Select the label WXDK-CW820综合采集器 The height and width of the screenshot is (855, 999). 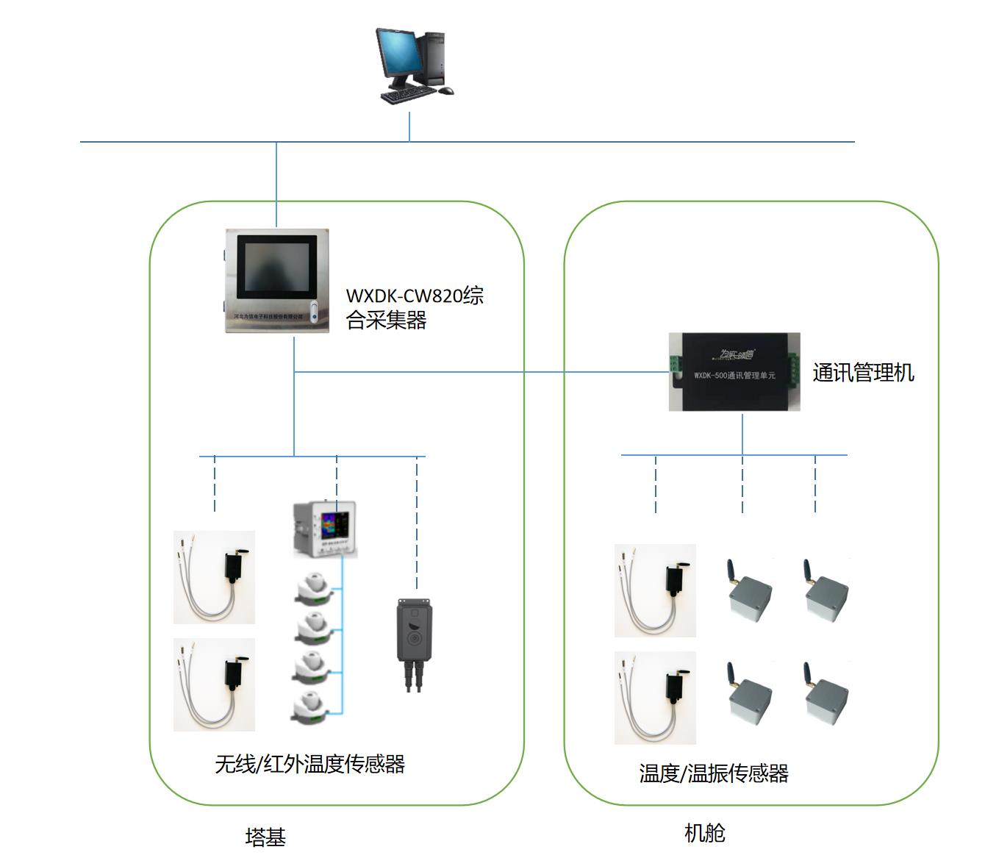coord(415,308)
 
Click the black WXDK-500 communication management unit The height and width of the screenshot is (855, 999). coord(734,372)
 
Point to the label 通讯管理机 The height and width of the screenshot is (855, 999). coord(863,373)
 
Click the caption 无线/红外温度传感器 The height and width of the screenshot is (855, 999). coord(309,765)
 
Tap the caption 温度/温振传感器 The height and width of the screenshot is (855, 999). coord(713,773)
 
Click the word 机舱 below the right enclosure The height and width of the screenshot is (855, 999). coord(704,833)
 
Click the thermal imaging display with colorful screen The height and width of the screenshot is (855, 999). coord(325,528)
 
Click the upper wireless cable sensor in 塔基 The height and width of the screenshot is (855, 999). coord(214,577)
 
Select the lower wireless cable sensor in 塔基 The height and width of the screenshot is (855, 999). coord(214,684)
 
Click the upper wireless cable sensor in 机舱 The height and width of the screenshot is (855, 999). coord(655,590)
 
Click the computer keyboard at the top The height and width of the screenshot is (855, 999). coord(409,94)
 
